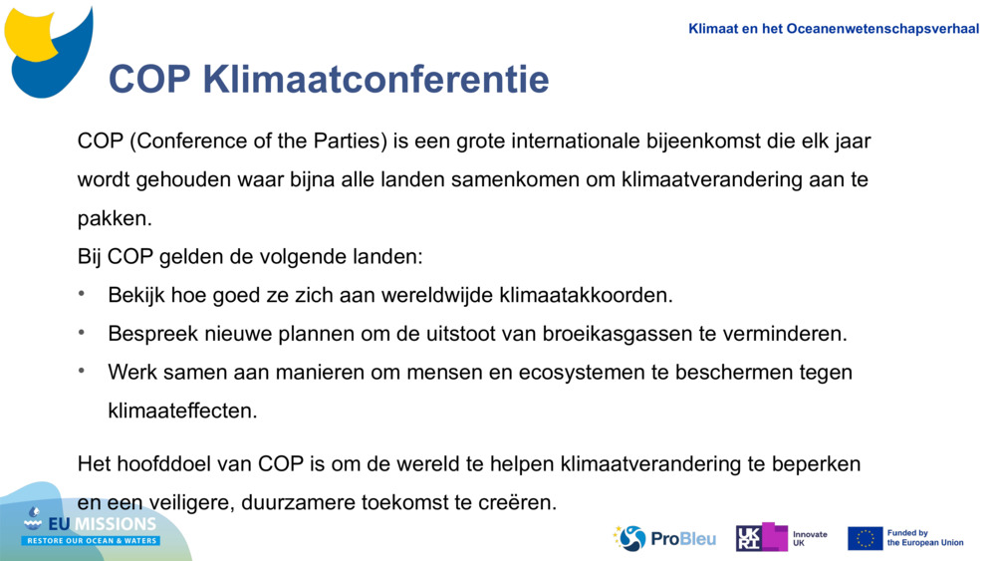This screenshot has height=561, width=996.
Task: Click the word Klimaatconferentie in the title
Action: pos(375,80)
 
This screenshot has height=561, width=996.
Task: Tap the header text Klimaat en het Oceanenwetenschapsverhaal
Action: pos(834,29)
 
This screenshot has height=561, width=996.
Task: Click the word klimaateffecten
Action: pos(182,411)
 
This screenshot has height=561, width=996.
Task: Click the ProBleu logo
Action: pos(664,538)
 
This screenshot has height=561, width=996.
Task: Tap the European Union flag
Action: pos(865,538)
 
